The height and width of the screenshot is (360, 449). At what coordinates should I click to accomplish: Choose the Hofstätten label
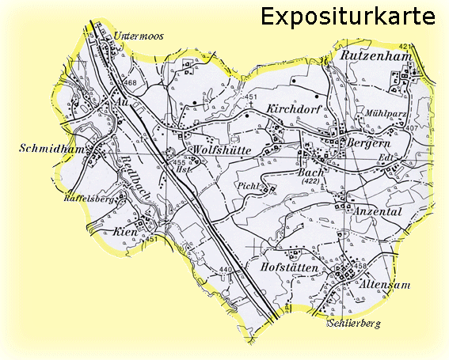click(289, 269)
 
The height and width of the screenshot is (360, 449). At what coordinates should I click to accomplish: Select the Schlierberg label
click(354, 324)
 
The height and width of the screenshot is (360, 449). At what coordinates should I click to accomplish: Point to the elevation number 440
click(226, 271)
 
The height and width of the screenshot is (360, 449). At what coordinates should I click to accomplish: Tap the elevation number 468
click(130, 83)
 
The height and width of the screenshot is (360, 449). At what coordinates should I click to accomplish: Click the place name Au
click(120, 102)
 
